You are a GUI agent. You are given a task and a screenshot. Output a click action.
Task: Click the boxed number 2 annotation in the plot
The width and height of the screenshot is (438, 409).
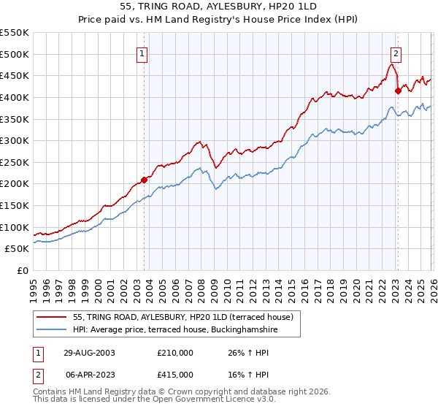click(x=395, y=53)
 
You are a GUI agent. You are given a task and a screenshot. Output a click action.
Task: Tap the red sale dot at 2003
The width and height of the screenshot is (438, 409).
click(x=145, y=179)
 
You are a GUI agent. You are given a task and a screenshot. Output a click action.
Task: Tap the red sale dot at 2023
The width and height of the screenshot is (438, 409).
click(x=398, y=91)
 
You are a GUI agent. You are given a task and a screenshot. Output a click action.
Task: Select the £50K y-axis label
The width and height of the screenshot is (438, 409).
click(x=18, y=249)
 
